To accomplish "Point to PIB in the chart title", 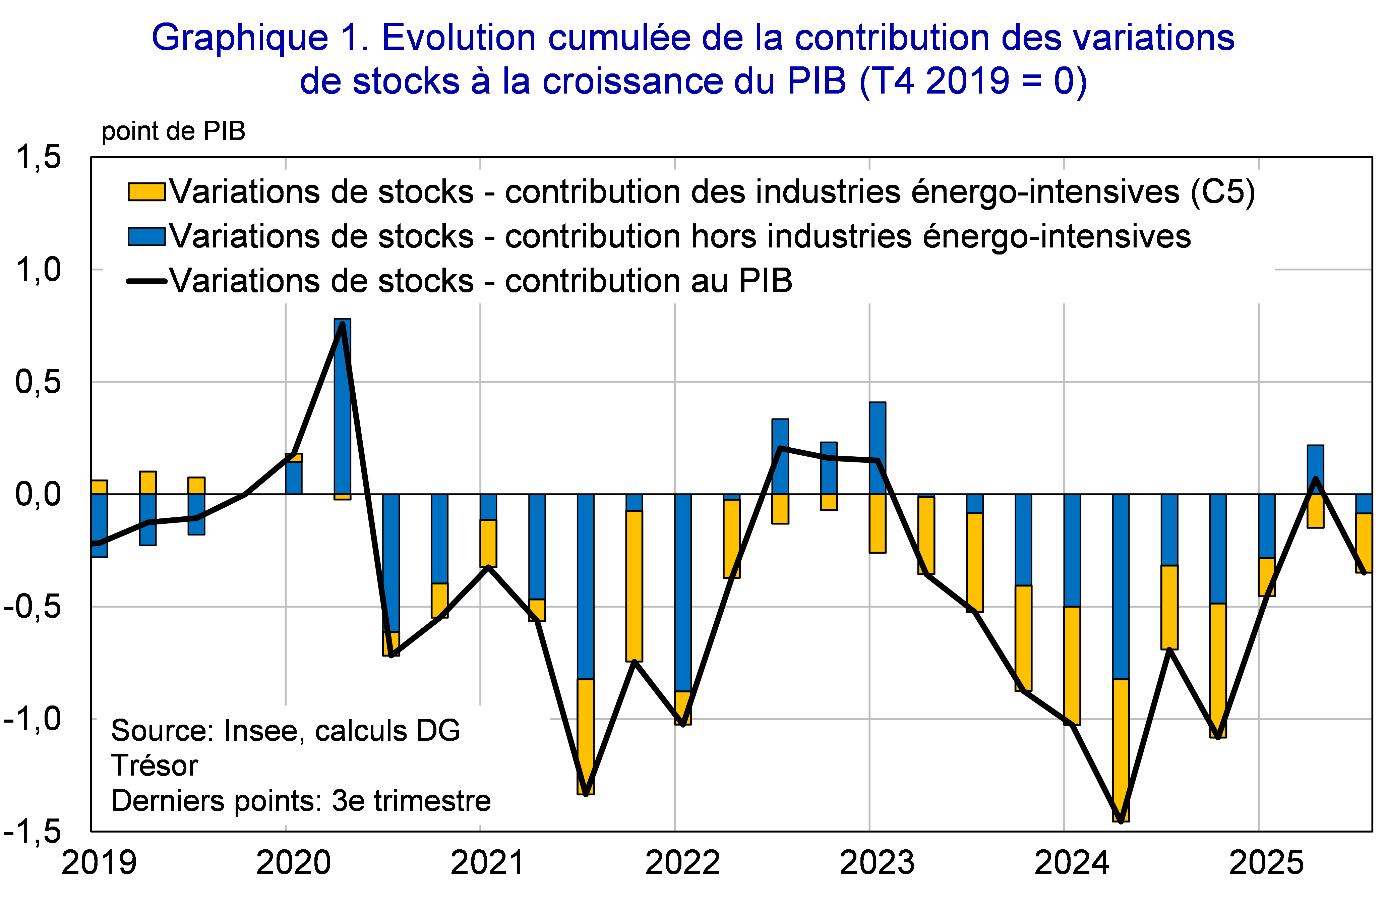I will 816,81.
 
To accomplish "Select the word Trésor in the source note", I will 155,766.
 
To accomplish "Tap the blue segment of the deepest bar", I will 1121,586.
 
